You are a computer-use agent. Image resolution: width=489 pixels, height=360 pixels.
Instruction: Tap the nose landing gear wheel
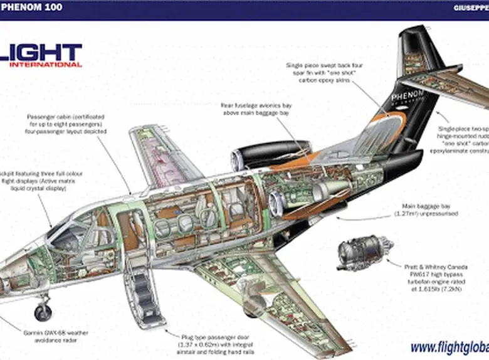[43, 312]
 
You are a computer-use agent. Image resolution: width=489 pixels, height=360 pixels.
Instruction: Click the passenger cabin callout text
[66, 124]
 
